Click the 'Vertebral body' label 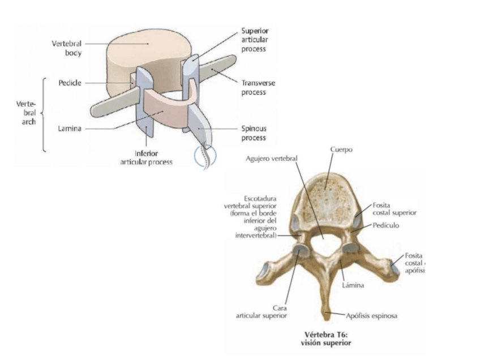tap(66, 48)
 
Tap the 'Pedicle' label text tap(70, 83)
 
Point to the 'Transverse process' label tap(258, 87)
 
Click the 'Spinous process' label tap(254, 133)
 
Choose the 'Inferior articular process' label tap(146, 157)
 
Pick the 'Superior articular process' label tap(254, 40)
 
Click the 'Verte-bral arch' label tap(25, 113)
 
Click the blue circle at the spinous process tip tap(204, 155)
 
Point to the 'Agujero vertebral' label tap(271, 158)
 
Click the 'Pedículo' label tap(387, 225)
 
